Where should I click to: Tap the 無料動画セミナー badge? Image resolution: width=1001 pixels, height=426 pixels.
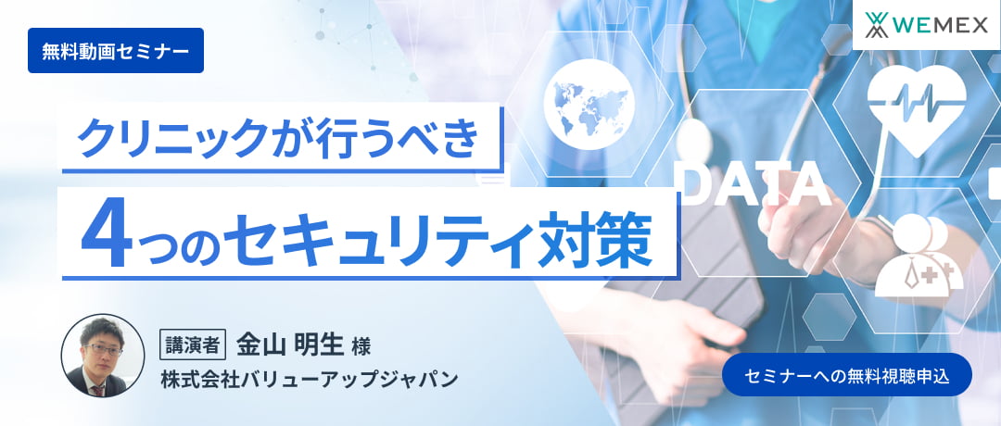coord(116,51)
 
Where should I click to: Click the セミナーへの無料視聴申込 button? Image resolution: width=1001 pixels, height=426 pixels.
coord(846,374)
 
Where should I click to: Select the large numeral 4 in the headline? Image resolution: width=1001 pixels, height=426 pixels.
coord(105,239)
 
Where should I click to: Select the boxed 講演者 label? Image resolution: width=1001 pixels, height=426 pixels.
coord(194,345)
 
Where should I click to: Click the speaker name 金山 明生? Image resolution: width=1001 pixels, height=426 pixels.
coord(288,345)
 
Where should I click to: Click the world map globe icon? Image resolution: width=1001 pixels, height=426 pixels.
coord(589,100)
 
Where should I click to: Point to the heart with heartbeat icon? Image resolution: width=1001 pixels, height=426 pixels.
coord(916,106)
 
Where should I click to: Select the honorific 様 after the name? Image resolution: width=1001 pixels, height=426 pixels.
coord(361,347)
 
